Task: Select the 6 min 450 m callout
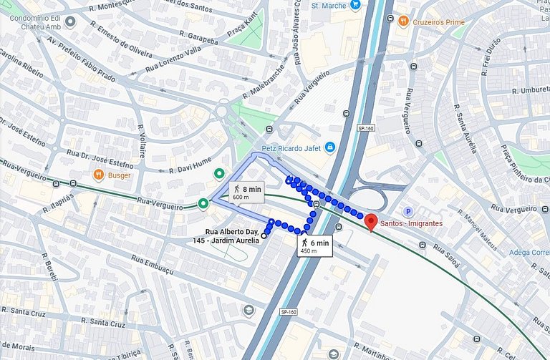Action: [315, 246]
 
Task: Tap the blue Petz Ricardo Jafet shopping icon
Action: [329, 148]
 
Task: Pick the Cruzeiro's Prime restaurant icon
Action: [404, 21]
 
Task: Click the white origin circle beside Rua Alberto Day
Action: [264, 235]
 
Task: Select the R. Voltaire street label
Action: [142, 141]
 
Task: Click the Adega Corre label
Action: [529, 253]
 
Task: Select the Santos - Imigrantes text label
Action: [412, 223]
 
